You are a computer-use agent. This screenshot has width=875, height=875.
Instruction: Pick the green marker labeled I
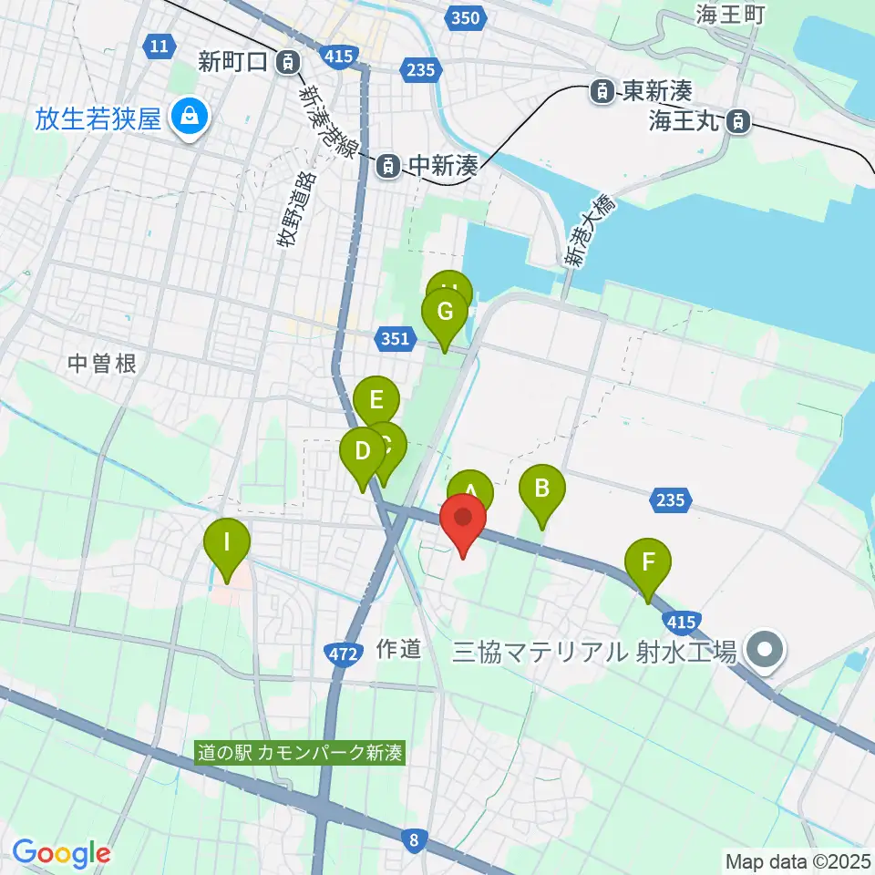click(x=226, y=547)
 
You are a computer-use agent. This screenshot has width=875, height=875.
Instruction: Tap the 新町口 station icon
click(x=288, y=62)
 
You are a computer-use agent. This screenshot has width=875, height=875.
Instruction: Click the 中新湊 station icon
click(x=388, y=165)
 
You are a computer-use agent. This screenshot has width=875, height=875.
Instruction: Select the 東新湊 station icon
click(x=602, y=90)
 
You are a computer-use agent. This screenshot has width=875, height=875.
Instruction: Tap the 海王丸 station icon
click(x=739, y=119)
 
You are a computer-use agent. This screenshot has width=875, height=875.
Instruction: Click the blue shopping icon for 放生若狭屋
click(x=189, y=117)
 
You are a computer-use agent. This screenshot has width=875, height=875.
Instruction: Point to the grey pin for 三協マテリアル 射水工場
click(x=766, y=651)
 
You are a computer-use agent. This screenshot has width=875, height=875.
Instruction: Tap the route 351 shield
click(x=393, y=339)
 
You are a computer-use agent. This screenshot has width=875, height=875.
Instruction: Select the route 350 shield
click(x=465, y=17)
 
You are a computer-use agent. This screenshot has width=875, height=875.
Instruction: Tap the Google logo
click(x=61, y=853)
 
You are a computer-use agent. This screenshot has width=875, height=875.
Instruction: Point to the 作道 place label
click(x=398, y=649)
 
